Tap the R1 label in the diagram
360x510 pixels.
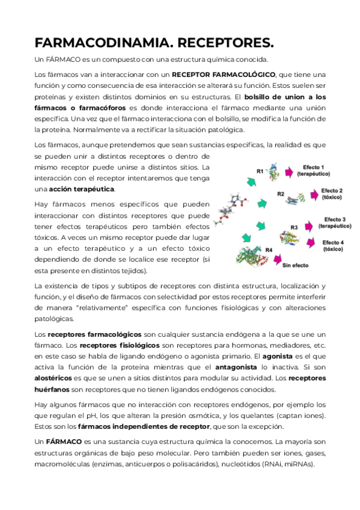tap(260, 171)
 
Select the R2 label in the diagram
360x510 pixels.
tap(280, 194)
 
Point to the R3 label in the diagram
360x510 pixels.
tap(294, 226)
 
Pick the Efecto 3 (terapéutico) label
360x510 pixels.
tap(335, 223)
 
